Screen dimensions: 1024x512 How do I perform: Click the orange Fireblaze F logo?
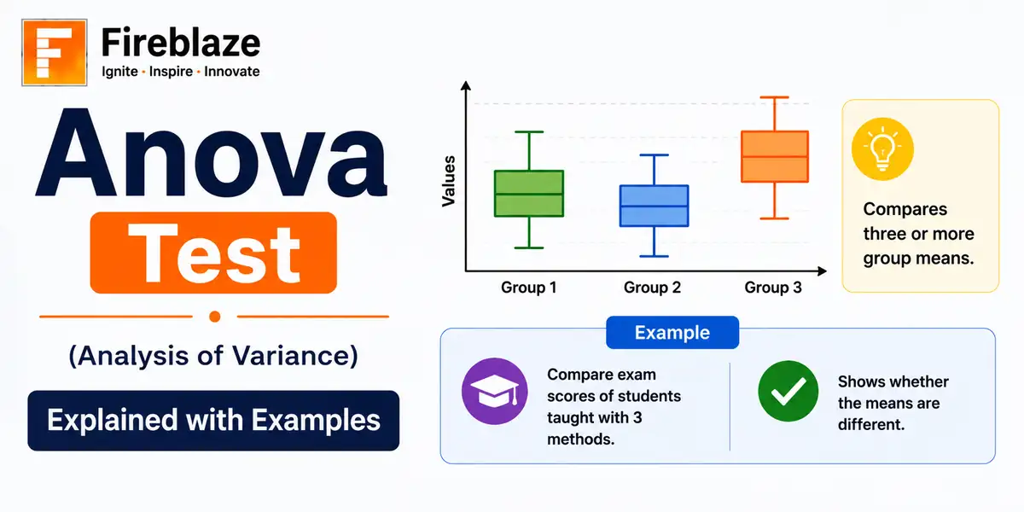[x=55, y=53]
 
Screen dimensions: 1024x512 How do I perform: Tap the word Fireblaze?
[x=181, y=43]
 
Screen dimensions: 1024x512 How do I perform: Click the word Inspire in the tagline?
[x=171, y=72]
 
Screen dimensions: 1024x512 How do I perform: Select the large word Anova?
[x=212, y=153]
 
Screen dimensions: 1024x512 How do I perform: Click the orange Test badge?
[x=213, y=253]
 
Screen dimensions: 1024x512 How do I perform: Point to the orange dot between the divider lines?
[x=215, y=317]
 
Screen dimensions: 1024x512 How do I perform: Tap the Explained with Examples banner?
[x=213, y=421]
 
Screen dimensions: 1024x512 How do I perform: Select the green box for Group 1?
[x=529, y=194]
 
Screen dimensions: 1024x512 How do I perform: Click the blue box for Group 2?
[x=655, y=206]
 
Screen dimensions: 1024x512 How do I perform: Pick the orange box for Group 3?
[x=775, y=157]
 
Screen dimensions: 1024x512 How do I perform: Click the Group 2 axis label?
[x=652, y=288]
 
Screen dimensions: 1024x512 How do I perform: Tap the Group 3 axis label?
[x=773, y=288]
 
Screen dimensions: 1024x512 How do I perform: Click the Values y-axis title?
[x=449, y=181]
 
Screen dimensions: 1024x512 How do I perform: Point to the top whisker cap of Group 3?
[x=775, y=97]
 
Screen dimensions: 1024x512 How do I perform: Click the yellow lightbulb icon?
[x=882, y=149]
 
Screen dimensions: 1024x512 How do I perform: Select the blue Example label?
[x=672, y=332]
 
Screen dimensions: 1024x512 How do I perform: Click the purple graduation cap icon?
[x=495, y=392]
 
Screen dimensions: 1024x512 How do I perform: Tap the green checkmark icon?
[x=788, y=391]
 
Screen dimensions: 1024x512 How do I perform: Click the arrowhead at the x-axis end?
[x=822, y=271]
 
